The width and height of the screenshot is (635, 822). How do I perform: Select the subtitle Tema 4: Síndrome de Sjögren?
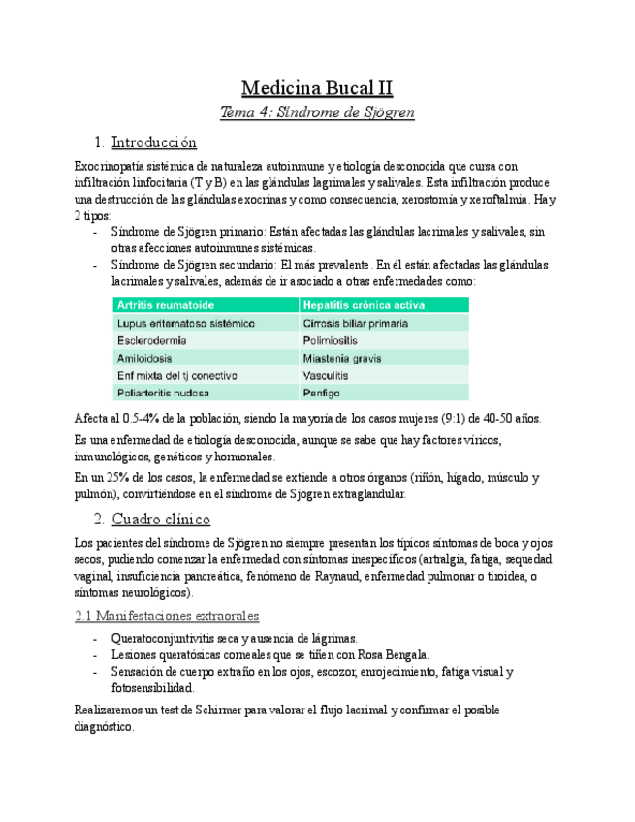[x=317, y=112]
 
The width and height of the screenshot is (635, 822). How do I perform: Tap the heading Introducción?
[x=154, y=142]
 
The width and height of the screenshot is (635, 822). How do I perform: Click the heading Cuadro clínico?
[x=161, y=519]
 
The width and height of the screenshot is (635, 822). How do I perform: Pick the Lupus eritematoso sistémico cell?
[x=185, y=323]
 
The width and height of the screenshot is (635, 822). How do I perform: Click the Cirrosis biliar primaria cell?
[x=355, y=323]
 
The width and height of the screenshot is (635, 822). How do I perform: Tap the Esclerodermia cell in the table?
[x=152, y=340]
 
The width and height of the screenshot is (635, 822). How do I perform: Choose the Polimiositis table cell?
[x=330, y=340]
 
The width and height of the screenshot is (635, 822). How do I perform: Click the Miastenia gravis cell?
[x=341, y=358]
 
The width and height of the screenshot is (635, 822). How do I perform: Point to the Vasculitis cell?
[x=327, y=375]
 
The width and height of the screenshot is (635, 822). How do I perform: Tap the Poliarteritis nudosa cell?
[x=163, y=393]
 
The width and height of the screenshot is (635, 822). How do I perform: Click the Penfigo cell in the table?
[x=321, y=393]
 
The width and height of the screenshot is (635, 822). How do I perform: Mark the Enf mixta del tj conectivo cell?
[x=176, y=375]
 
